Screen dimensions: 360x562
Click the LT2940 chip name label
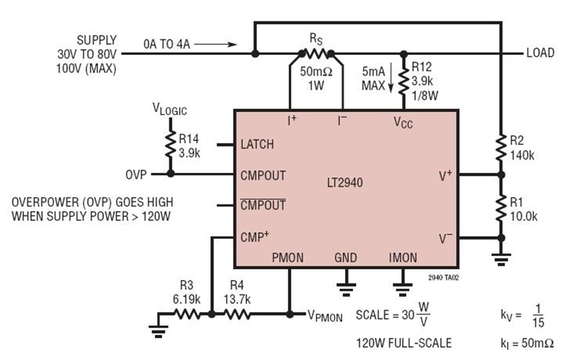[x=344, y=183]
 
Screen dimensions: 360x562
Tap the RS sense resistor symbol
[x=316, y=53]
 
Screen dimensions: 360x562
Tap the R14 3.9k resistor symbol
[x=171, y=143]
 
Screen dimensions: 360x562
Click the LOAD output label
[x=539, y=53]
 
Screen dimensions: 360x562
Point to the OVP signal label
[x=134, y=174]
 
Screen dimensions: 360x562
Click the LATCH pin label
[x=257, y=144]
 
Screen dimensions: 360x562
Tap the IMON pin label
[x=403, y=257]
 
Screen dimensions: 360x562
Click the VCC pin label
[x=403, y=122]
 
